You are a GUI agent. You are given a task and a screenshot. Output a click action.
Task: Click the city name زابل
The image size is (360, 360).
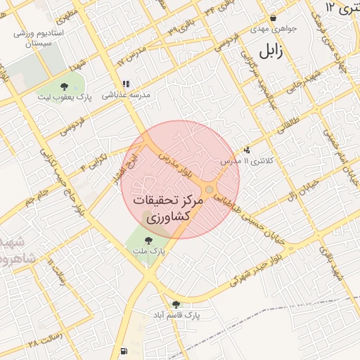(274, 52)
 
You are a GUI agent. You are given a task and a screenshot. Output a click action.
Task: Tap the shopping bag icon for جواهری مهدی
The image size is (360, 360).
(273, 19)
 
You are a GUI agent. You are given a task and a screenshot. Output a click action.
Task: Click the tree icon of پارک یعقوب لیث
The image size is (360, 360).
(65, 86)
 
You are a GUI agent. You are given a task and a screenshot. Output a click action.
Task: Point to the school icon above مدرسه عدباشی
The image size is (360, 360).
(126, 82)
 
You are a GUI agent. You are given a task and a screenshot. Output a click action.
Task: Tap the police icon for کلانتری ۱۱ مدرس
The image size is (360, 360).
(247, 150)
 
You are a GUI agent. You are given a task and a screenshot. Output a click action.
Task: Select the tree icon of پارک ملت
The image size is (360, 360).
(147, 240)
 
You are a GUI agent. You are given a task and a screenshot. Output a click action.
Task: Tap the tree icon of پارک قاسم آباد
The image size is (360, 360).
(176, 304)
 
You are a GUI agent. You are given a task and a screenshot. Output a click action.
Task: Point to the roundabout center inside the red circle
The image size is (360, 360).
(210, 190)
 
